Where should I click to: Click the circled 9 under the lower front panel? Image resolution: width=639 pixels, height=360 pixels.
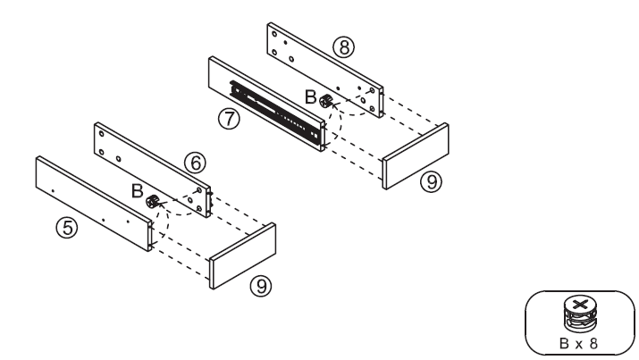(258, 288)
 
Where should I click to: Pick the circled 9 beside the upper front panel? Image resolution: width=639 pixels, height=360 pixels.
(431, 181)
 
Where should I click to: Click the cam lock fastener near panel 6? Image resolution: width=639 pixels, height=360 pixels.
(153, 203)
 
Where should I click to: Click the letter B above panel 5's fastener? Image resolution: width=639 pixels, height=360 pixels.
(136, 190)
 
